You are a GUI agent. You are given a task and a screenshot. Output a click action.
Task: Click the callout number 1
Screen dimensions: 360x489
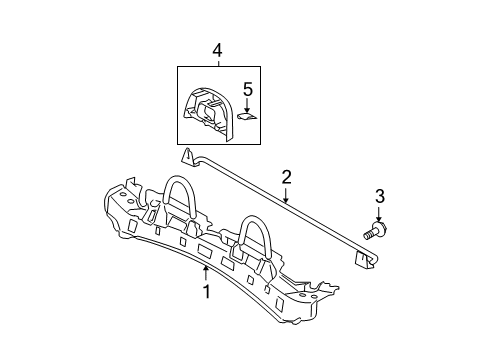coord(206,293)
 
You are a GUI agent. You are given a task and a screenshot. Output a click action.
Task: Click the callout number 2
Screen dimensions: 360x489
coord(287,177)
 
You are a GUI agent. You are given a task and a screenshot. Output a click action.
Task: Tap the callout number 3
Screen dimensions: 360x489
coord(379,196)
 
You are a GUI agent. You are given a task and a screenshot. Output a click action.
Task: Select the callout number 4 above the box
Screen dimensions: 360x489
coord(217,49)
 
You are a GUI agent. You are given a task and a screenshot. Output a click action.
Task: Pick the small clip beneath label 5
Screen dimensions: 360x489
coord(250,114)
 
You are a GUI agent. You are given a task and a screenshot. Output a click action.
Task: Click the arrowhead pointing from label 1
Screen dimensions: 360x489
coord(206,270)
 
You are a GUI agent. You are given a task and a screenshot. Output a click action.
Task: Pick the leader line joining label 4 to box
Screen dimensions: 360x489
coord(217,61)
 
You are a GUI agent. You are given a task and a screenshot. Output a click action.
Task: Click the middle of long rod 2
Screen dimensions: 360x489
coord(276,204)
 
